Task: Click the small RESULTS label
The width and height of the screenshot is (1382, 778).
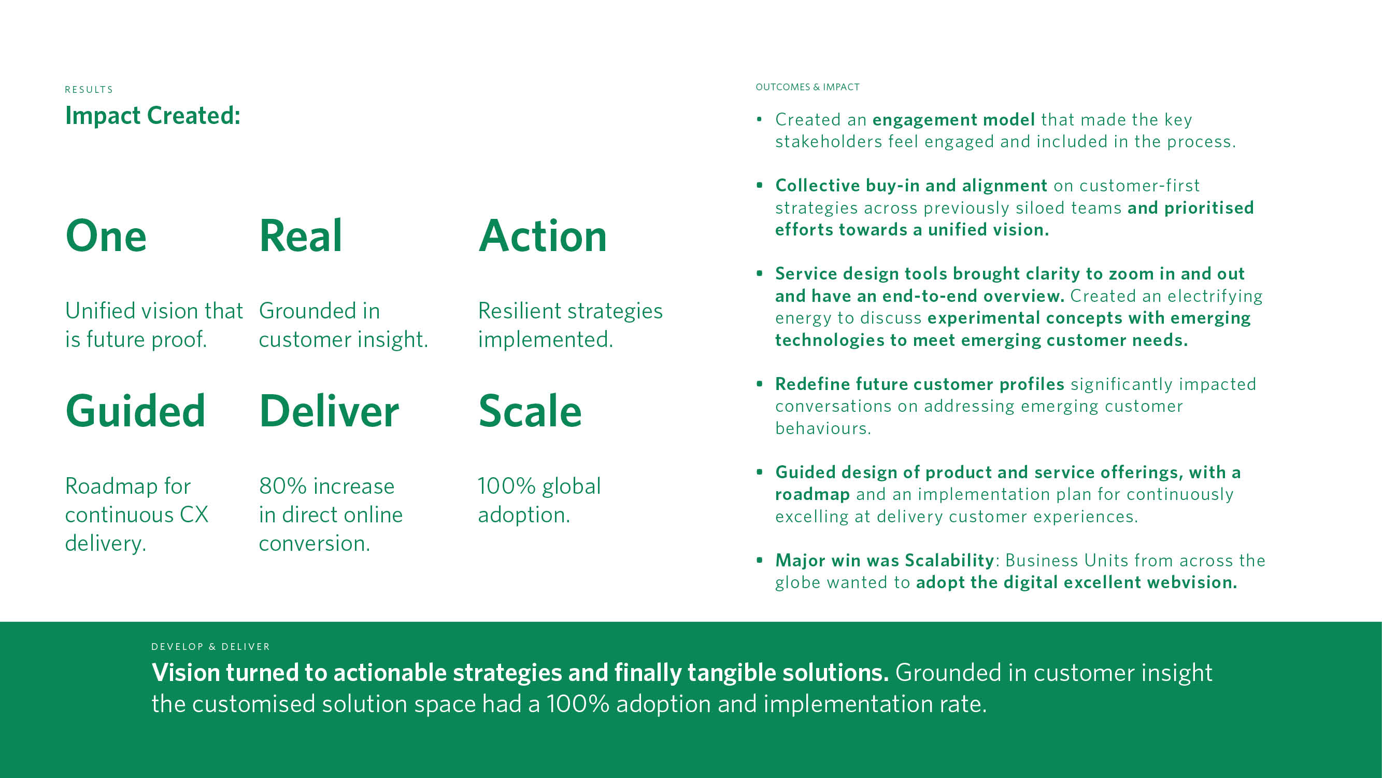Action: click(89, 90)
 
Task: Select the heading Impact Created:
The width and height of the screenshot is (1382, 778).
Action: click(153, 116)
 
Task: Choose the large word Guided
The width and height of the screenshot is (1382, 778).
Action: click(135, 411)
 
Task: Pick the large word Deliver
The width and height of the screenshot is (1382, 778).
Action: click(329, 411)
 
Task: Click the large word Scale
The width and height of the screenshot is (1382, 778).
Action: click(530, 411)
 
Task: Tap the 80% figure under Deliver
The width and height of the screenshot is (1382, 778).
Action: click(283, 486)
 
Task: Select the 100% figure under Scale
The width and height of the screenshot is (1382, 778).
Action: click(506, 486)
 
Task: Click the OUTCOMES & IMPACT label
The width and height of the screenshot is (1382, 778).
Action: click(807, 87)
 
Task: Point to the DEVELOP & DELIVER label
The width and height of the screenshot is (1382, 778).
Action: click(210, 646)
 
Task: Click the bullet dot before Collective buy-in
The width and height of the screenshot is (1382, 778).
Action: click(759, 185)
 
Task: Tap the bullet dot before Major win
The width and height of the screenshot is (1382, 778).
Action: click(759, 560)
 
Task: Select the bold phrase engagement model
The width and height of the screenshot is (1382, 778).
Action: click(953, 120)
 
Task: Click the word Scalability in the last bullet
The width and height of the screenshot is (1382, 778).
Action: click(949, 561)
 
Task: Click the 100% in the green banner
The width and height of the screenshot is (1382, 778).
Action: click(578, 704)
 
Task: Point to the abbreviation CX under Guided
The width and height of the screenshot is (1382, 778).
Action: click(194, 515)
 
